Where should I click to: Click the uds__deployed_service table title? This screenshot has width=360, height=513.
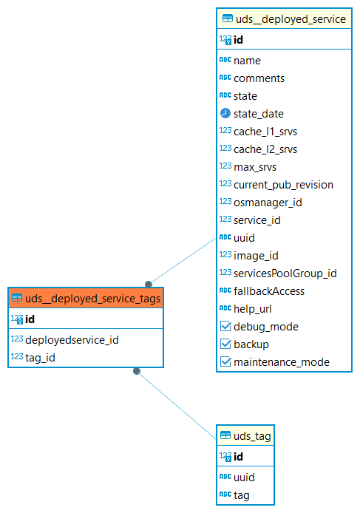point(291,19)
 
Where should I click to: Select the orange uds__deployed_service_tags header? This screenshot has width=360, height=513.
point(86,298)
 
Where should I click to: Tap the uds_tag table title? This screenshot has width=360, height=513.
point(252,436)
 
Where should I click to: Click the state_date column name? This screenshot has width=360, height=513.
point(259,114)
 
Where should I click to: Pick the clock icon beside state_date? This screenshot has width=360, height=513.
point(225,113)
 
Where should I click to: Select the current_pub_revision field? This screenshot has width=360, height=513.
point(283,185)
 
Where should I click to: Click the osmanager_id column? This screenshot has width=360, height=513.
point(268,203)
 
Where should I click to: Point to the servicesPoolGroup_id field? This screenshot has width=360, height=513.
point(285,274)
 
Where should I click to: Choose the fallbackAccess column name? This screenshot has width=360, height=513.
point(269,291)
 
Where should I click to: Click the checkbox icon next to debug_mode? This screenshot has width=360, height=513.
point(225,326)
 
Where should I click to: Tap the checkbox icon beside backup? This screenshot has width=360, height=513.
point(225,344)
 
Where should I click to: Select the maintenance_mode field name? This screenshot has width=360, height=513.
point(282,362)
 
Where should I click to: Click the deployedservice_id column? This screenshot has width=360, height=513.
point(72,340)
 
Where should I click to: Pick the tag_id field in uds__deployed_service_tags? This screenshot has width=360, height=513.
point(40,358)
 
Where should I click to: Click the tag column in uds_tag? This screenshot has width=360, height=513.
point(242,495)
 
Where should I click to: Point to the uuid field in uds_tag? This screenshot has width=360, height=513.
point(244,478)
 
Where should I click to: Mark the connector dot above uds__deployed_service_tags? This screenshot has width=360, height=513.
point(149,284)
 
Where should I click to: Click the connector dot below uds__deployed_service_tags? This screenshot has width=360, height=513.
point(137,371)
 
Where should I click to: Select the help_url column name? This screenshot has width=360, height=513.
point(253,309)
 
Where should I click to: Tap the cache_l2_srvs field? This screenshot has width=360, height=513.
point(265,149)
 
